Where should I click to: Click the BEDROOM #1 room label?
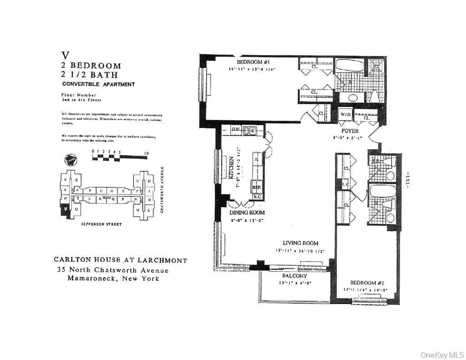tap(249, 62)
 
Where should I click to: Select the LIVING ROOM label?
tap(300, 243)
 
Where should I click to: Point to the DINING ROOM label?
tap(248, 213)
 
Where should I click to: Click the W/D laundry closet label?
tap(345, 115)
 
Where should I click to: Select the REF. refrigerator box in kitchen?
tap(257, 187)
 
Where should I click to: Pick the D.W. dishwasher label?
tap(236, 129)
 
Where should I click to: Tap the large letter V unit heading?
tap(66, 56)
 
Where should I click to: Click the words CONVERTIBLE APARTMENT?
tap(98, 84)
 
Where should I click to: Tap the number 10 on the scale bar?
tap(146, 154)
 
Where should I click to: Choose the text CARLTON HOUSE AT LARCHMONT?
tap(120, 260)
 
